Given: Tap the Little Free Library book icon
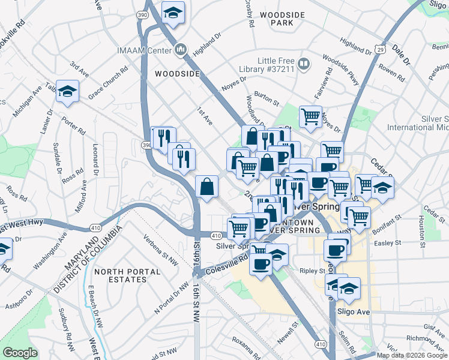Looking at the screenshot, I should pos(304,64).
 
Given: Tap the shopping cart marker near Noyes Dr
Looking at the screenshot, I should pos(310,115).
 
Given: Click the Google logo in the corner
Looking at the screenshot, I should pos(20,353).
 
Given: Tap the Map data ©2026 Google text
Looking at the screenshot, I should pos(411,355).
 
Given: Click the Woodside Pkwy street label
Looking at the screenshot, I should pos(339,65).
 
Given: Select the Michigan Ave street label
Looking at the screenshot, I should pos(28,100).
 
